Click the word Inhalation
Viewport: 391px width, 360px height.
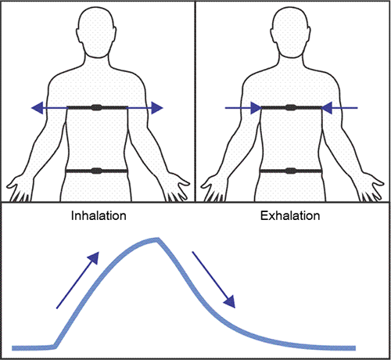[99, 216]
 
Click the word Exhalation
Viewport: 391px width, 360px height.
[290, 216]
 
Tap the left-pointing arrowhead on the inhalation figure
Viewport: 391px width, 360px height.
[37, 108]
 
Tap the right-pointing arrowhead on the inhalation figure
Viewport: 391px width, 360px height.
[157, 108]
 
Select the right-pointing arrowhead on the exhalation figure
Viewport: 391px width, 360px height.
[256, 108]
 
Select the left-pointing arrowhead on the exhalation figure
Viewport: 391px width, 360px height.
[326, 108]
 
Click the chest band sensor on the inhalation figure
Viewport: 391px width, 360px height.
[96, 107]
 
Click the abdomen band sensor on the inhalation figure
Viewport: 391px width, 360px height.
[96, 171]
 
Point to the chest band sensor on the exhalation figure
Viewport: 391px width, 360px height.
[291, 107]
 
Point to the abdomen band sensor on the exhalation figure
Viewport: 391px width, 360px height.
[291, 171]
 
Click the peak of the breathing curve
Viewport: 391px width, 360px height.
[157, 239]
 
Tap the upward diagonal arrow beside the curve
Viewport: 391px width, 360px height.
[77, 280]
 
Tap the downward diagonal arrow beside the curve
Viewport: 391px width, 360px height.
[213, 279]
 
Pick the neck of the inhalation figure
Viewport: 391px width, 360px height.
[97, 63]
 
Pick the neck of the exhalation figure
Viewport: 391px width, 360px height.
[291, 63]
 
